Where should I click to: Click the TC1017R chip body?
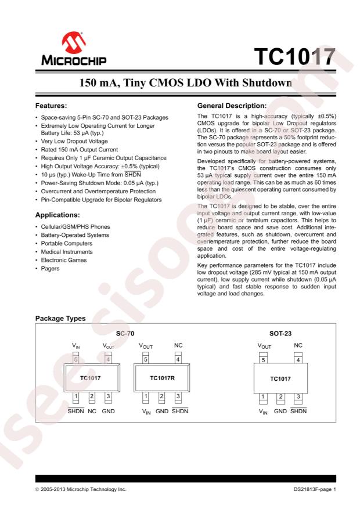pyautogui.click(x=163, y=378)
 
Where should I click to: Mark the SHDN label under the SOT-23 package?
pyautogui.click(x=298, y=412)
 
